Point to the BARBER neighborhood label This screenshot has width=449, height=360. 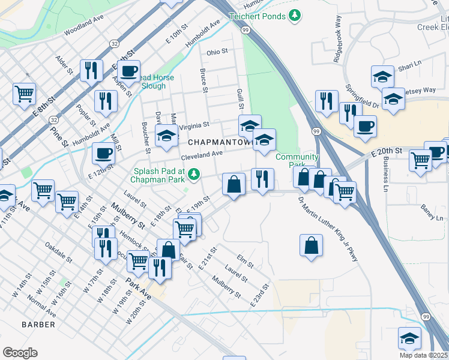click(x=38, y=325)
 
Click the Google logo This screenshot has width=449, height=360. click(x=20, y=353)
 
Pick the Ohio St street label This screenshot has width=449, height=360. click(x=217, y=52)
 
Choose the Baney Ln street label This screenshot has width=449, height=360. click(x=430, y=212)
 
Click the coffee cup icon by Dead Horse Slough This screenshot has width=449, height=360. click(x=128, y=71)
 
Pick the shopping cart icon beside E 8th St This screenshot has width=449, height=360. click(x=25, y=93)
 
